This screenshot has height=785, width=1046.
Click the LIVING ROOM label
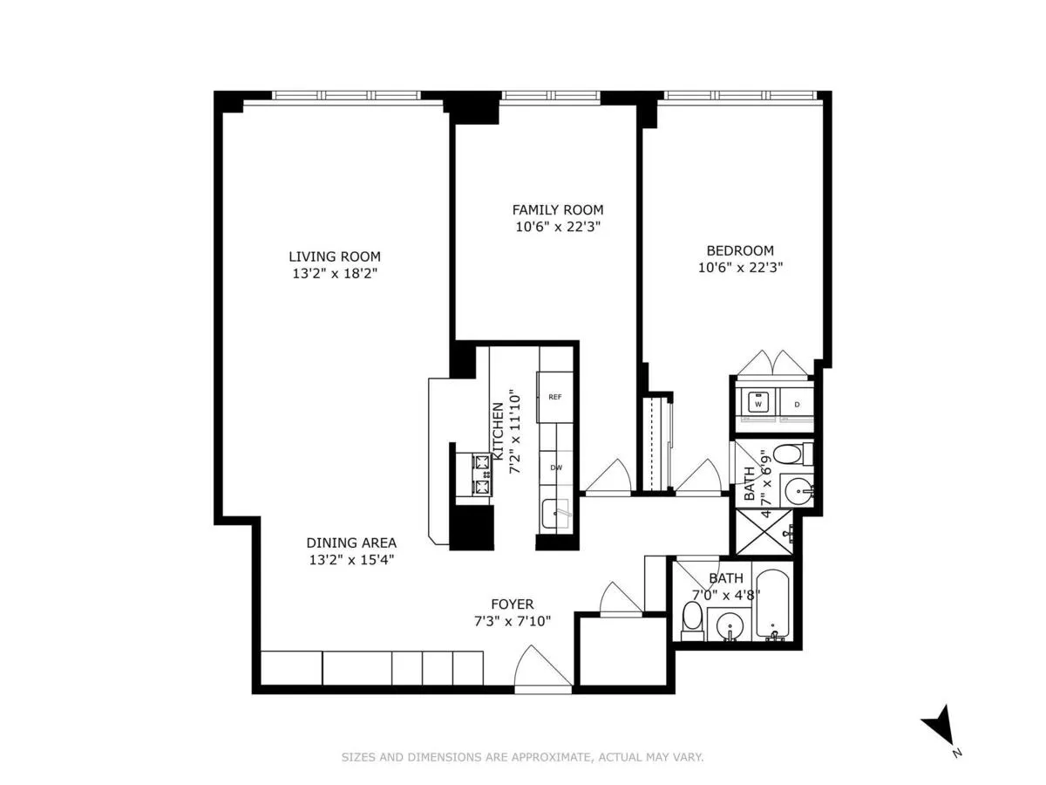[x=335, y=256]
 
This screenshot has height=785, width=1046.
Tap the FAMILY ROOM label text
[x=557, y=209]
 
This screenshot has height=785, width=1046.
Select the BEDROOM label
[x=740, y=249]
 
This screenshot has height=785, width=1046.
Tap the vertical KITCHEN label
[x=497, y=431]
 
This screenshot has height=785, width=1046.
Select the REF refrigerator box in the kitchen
[x=554, y=397]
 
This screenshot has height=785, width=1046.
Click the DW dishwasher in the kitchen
[x=554, y=468]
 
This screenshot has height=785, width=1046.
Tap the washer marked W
[x=758, y=405]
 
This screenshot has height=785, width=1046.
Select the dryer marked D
[x=797, y=405]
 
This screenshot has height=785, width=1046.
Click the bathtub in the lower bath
[x=773, y=604]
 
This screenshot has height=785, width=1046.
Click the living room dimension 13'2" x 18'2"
[x=335, y=273]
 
